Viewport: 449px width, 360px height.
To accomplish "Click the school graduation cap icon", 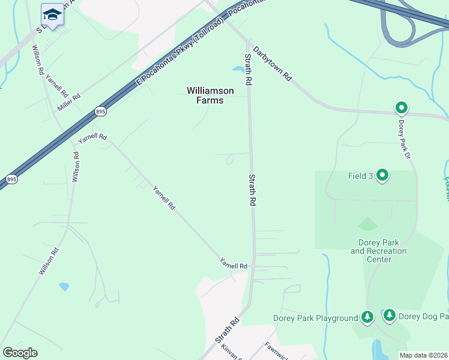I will [52, 15].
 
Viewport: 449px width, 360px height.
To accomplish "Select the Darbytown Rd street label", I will [272, 64].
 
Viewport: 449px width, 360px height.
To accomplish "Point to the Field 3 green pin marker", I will [382, 175].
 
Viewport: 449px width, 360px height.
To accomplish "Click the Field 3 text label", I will [360, 176].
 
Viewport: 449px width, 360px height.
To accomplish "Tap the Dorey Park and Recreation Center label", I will [379, 251].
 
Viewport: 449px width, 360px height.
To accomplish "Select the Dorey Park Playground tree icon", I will [367, 317].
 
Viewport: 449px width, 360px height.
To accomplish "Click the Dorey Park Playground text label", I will [315, 318].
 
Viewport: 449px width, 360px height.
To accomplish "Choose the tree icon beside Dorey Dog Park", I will [389, 315].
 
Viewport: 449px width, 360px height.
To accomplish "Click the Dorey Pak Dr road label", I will [403, 139].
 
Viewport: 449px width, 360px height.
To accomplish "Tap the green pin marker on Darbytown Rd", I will [401, 108].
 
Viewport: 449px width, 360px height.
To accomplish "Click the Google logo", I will [20, 353].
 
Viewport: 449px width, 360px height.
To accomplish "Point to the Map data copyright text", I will [424, 355].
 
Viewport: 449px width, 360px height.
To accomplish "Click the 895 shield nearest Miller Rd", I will [100, 111].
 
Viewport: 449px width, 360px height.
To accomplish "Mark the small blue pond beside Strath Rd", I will [238, 68].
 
